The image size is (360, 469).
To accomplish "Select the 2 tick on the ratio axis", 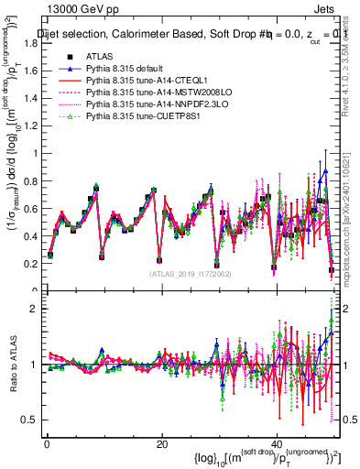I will click(33, 309).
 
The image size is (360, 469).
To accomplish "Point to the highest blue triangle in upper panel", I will click(325, 171).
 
